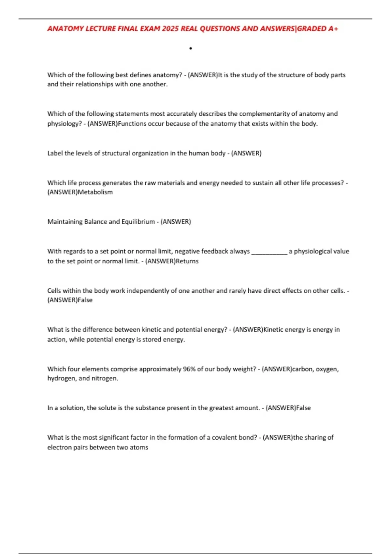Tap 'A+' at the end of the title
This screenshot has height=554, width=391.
pos(333,29)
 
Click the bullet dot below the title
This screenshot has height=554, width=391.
pos(191,49)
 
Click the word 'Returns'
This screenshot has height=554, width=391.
pos(187,261)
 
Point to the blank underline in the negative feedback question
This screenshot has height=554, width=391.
pos(269,252)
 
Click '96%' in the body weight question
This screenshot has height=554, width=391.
pos(189,369)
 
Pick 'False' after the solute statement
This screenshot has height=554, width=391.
pos(303,408)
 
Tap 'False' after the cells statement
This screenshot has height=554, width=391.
pos(85,300)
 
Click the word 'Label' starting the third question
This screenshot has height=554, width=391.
pos(55,153)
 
